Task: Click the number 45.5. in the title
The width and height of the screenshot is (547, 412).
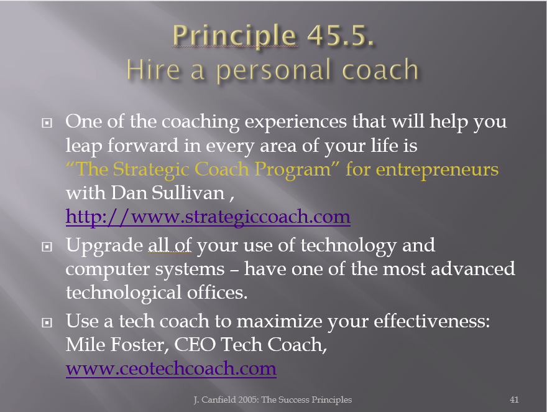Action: click(341, 35)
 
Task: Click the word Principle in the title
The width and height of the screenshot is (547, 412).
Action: click(234, 36)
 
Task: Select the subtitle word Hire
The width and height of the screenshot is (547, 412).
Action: click(154, 70)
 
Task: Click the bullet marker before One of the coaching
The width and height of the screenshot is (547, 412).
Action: click(47, 123)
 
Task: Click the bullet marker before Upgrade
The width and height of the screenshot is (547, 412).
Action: click(47, 247)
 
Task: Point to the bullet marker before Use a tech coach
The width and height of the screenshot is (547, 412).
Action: click(47, 322)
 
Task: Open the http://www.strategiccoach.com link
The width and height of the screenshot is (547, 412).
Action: click(208, 217)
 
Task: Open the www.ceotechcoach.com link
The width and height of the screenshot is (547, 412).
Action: click(171, 368)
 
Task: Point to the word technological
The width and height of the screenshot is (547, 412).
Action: click(124, 293)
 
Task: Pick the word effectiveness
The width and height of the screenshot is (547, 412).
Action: click(432, 321)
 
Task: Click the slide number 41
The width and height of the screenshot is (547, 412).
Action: click(514, 400)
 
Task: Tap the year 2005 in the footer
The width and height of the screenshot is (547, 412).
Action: click(248, 400)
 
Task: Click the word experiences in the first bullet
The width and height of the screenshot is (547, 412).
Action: click(296, 122)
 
